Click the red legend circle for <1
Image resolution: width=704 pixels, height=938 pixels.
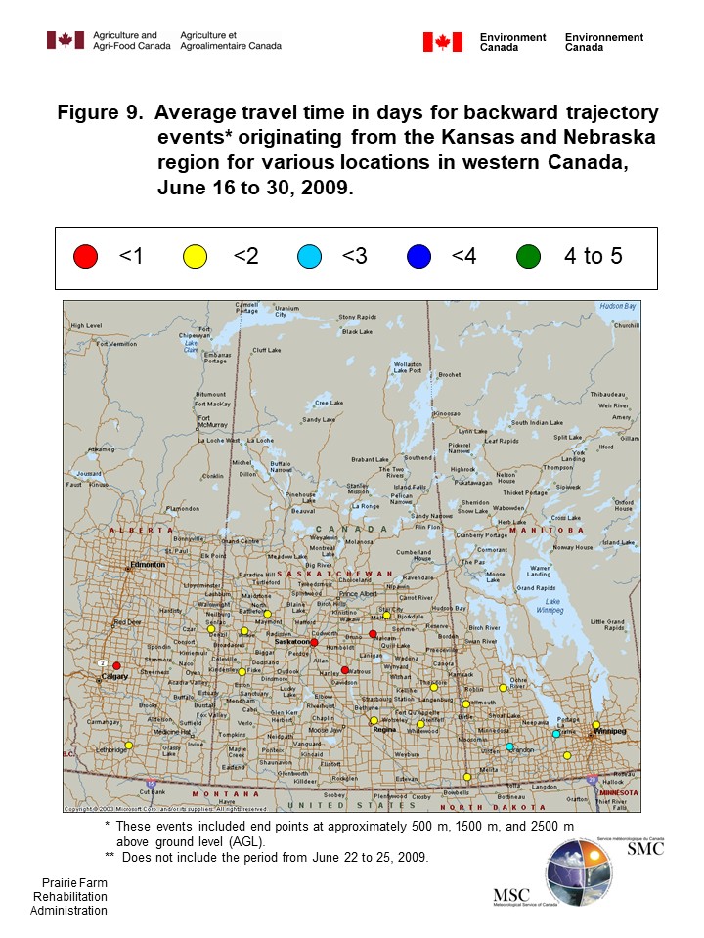pos(86,257)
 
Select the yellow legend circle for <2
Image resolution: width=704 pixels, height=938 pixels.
pos(196,257)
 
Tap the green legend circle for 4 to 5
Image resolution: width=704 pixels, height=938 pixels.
pos(528,257)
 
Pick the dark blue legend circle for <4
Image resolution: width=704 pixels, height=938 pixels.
pos(418,257)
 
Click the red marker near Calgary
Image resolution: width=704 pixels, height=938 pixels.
pos(116,666)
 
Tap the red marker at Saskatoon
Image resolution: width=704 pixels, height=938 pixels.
pos(314,643)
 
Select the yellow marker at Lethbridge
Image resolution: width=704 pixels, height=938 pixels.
pos(128,746)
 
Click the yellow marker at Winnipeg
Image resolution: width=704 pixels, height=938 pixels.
pos(596,725)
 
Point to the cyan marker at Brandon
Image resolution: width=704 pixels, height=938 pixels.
pos(509,747)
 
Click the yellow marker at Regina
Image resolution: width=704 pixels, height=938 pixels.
pos(374,721)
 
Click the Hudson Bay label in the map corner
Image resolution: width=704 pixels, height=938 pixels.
pos(617,307)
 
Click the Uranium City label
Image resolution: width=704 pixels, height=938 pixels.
pos(286,312)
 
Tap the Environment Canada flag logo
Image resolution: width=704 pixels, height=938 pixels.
pos(442,42)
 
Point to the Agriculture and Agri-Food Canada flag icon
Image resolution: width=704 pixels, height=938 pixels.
pos(66,40)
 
